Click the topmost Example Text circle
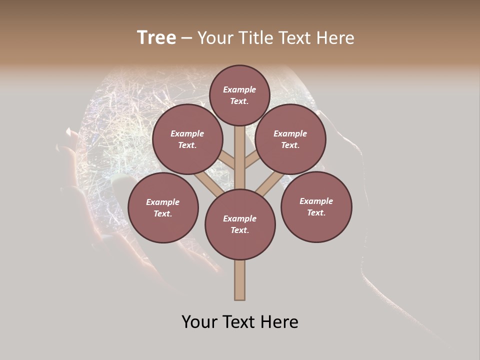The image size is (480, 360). tap(239, 95)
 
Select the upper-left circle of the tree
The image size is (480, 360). tap(187, 139)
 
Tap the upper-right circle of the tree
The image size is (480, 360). tap(290, 139)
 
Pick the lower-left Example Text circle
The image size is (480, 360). tap(162, 207)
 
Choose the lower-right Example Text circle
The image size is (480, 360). tap(316, 206)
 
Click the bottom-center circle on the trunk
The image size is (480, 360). tap(240, 224)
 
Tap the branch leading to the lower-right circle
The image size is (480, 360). tap(265, 183)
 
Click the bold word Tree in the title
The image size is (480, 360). tap(156, 38)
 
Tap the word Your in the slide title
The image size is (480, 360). tap(215, 38)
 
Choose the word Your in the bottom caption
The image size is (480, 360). tap(200, 322)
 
